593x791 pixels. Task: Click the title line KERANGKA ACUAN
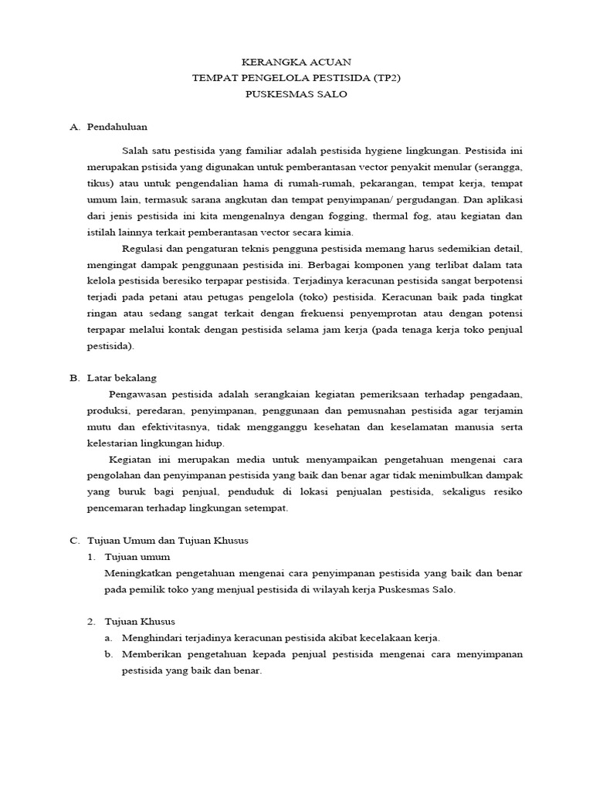coord(296,61)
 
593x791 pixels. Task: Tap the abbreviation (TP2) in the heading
coord(383,77)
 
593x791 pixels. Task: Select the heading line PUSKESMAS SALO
coord(296,94)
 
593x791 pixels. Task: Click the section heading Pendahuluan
coord(117,126)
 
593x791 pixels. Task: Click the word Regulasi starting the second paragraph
coord(144,248)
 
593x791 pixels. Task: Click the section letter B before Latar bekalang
coord(74,378)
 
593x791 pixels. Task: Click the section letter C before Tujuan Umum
coord(74,540)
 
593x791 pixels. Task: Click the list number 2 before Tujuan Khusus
coord(90,621)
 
